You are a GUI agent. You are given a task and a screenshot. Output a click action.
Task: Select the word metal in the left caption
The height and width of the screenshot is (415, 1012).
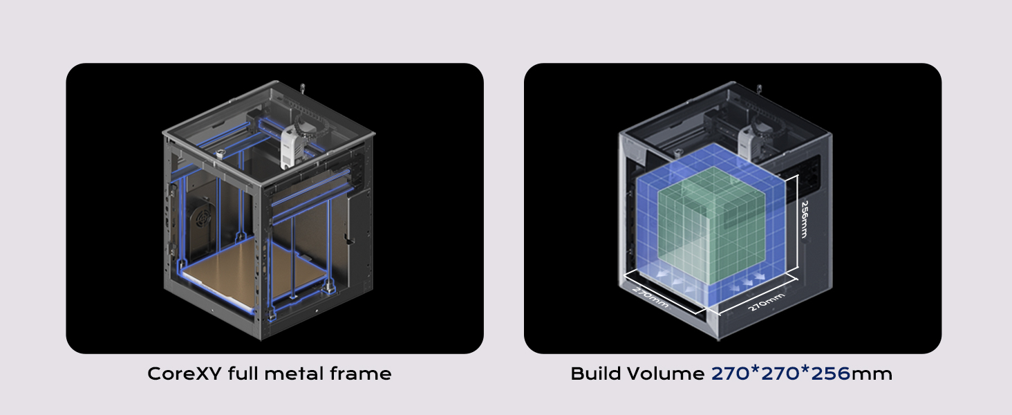tap(291, 374)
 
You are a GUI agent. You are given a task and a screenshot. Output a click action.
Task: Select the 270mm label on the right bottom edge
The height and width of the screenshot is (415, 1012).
tap(766, 302)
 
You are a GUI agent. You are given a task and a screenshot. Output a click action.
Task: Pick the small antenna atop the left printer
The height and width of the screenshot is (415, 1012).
tap(303, 89)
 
